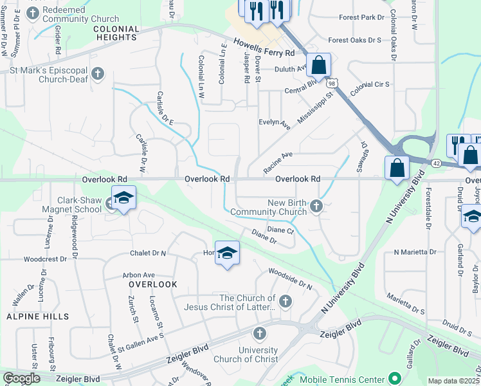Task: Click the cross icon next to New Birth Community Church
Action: (x=316, y=207)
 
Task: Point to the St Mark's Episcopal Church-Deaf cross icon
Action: (x=98, y=74)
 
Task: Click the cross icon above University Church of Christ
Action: (x=259, y=333)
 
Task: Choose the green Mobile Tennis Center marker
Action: (x=395, y=380)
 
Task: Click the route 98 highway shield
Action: (x=331, y=84)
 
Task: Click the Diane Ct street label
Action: (x=280, y=230)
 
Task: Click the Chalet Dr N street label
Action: (x=149, y=253)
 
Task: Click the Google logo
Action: (x=21, y=378)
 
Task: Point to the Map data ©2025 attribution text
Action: (x=453, y=381)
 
